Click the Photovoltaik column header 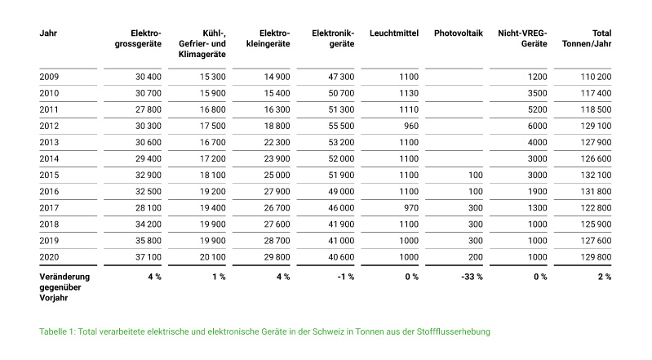tap(459, 33)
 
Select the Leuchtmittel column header tap(394, 33)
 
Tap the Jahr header tap(48, 33)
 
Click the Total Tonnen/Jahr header tap(587, 38)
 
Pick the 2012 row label tap(49, 126)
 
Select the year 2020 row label tap(49, 257)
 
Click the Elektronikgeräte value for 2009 tap(341, 77)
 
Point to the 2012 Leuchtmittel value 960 tap(411, 126)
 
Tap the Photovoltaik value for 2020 tap(476, 257)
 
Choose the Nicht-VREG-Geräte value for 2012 tap(538, 126)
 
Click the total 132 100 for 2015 tap(597, 176)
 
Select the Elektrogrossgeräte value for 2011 tap(149, 110)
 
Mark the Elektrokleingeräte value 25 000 tap(277, 176)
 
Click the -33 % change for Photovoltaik tap(472, 277)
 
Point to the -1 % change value tap(346, 277)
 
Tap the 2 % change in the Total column tap(605, 277)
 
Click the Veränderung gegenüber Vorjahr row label tap(64, 287)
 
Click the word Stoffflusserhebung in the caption tap(454, 331)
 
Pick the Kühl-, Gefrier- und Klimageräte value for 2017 tap(213, 208)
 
